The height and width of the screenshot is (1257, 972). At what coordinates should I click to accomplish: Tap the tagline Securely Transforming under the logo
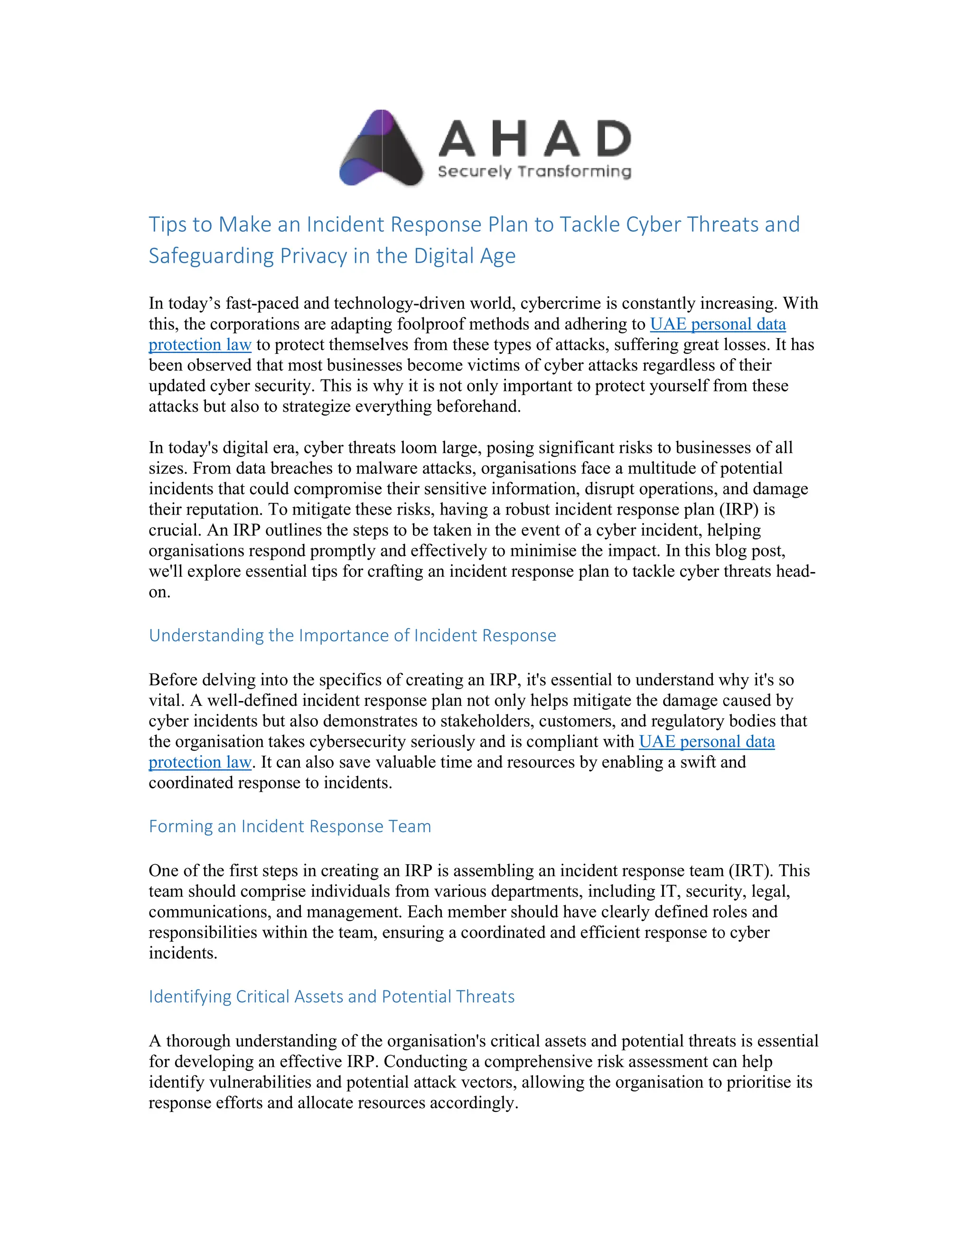pyautogui.click(x=534, y=172)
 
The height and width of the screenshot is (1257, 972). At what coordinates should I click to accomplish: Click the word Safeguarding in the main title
pyautogui.click(x=211, y=256)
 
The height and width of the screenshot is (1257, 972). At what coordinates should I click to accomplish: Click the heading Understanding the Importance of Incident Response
pyautogui.click(x=352, y=636)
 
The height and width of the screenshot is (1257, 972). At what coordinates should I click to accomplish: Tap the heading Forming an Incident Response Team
pyautogui.click(x=290, y=826)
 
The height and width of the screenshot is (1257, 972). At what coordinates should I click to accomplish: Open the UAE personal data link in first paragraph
pyautogui.click(x=718, y=324)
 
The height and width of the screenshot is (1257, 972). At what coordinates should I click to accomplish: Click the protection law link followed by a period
pyautogui.click(x=200, y=762)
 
